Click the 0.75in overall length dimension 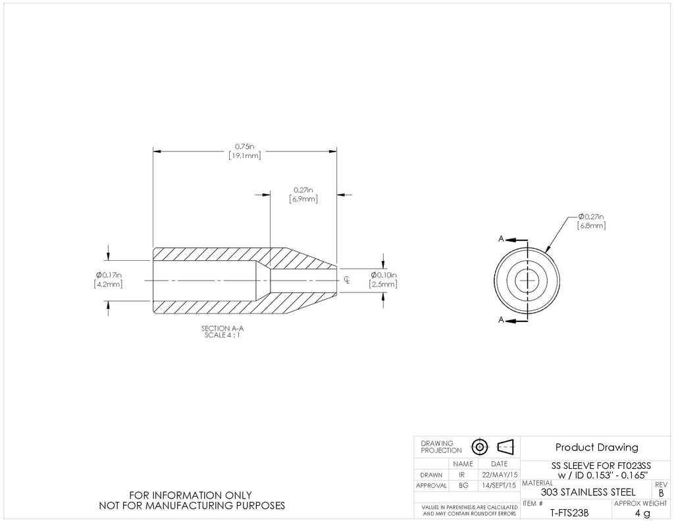pos(245,146)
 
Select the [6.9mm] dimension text pos(303,199)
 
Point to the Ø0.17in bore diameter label pos(109,275)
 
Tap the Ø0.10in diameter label pos(384,275)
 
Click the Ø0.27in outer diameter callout pos(591,217)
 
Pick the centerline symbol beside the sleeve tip pos(347,281)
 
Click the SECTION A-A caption pos(222,329)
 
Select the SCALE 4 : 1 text pos(222,335)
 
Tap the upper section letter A pos(501,239)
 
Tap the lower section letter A pos(501,319)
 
